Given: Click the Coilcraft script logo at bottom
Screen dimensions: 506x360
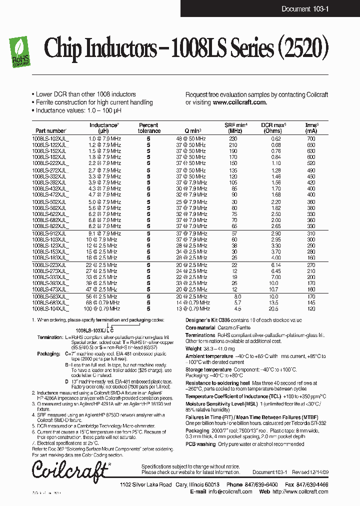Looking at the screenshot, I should pyautogui.click(x=70, y=470).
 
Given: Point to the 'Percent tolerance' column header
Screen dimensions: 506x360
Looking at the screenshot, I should pyautogui.click(x=149, y=128).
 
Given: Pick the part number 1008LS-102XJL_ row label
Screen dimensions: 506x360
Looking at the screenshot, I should pyautogui.click(x=51, y=138).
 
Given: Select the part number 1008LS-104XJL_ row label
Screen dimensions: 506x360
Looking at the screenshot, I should pyautogui.click(x=51, y=309).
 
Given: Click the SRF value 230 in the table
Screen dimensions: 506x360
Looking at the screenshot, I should pyautogui.click(x=232, y=138).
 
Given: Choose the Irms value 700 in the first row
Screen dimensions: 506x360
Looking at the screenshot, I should pyautogui.click(x=311, y=138).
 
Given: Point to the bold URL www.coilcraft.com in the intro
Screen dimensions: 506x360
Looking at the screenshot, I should pyautogui.click(x=239, y=102).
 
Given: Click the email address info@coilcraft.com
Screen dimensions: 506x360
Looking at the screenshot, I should pyautogui.click(x=227, y=491).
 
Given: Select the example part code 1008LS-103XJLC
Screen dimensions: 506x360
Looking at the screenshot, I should pyautogui.click(x=94, y=330).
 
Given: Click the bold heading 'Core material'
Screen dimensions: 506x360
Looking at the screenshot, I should pyautogui.click(x=202, y=327).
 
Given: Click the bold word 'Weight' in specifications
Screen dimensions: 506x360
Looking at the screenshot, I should pyautogui.click(x=193, y=348).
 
